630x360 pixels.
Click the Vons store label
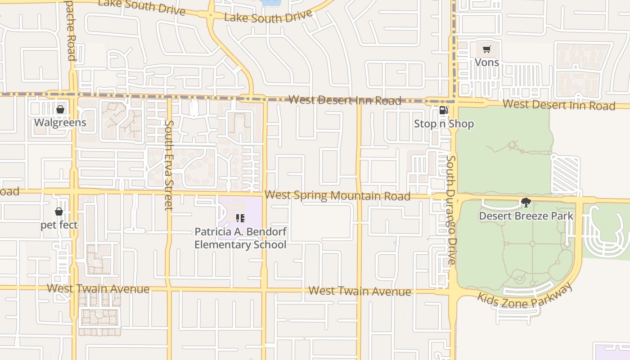pyautogui.click(x=487, y=62)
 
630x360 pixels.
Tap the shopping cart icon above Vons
pyautogui.click(x=487, y=49)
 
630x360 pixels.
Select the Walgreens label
pyautogui.click(x=60, y=122)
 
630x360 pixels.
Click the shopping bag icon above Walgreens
pyautogui.click(x=60, y=109)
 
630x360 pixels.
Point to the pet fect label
pyautogui.click(x=59, y=225)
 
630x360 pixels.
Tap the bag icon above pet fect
pyautogui.click(x=59, y=211)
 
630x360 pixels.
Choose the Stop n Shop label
pyautogui.click(x=444, y=124)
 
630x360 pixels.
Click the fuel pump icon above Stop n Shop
pyautogui.click(x=443, y=111)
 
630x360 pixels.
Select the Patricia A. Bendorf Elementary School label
pyautogui.click(x=240, y=238)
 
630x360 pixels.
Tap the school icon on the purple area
pyautogui.click(x=240, y=218)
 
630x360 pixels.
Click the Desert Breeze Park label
pyautogui.click(x=526, y=216)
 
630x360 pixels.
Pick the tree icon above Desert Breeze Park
pyautogui.click(x=526, y=202)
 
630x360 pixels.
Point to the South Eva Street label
pyautogui.click(x=169, y=165)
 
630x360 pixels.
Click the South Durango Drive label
pyautogui.click(x=452, y=210)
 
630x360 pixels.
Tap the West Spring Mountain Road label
pyautogui.click(x=337, y=196)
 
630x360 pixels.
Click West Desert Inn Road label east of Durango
pyautogui.click(x=559, y=105)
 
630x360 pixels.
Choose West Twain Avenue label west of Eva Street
pyautogui.click(x=98, y=288)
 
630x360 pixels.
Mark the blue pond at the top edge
pyautogui.click(x=270, y=3)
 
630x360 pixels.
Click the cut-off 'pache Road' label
pyautogui.click(x=71, y=40)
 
